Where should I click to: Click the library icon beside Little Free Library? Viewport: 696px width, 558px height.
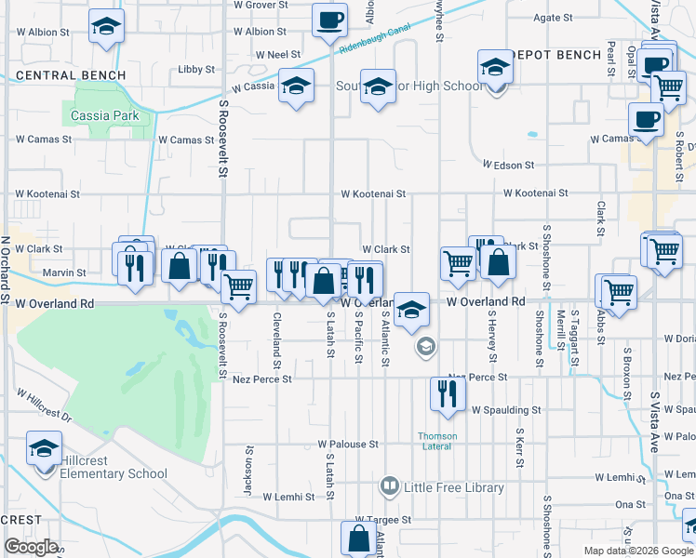click(390, 486)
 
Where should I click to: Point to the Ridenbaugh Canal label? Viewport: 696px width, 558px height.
click(374, 44)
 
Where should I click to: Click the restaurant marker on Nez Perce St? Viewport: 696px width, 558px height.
click(448, 393)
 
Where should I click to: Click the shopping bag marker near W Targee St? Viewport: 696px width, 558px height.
click(359, 538)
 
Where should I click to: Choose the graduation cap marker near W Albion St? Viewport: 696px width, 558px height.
click(107, 27)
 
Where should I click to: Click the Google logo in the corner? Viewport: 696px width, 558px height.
click(31, 546)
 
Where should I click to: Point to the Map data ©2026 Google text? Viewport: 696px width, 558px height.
click(639, 551)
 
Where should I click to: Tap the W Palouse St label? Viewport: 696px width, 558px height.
click(347, 445)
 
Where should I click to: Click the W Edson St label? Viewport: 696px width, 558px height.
click(508, 166)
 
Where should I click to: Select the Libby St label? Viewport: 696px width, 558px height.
click(196, 69)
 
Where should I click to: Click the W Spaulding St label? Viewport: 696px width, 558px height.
click(506, 410)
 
